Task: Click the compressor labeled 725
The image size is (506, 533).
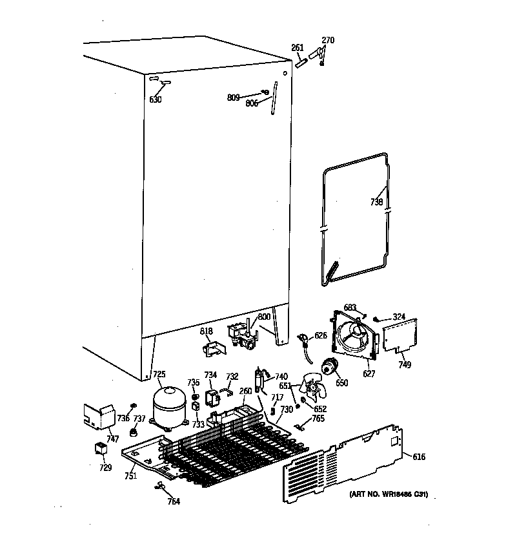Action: (x=170, y=406)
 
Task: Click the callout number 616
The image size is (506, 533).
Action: (x=419, y=457)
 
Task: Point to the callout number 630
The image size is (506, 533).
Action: (x=156, y=99)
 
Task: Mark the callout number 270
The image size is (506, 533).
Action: (x=328, y=40)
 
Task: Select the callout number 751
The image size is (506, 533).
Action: (x=131, y=477)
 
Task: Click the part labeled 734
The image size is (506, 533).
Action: (x=211, y=396)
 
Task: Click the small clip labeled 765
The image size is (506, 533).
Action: (x=299, y=426)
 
